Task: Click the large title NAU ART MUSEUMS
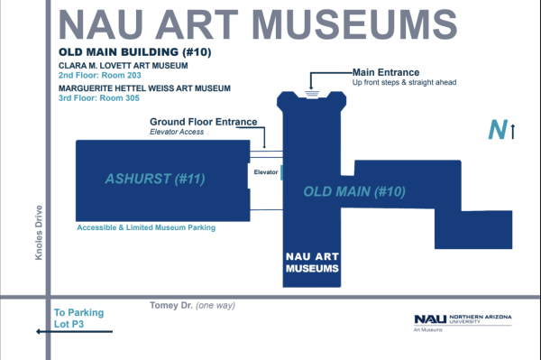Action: [x=258, y=25]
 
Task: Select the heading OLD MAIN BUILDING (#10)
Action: [x=135, y=52]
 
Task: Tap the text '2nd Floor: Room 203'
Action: [x=100, y=75]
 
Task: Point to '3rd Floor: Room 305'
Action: [x=99, y=98]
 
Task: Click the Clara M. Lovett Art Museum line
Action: [x=124, y=66]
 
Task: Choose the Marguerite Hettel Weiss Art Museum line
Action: [x=144, y=88]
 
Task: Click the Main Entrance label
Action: [x=386, y=72]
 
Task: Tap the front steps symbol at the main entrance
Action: [x=312, y=94]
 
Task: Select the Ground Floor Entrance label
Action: [x=203, y=122]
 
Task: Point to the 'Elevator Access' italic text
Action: [x=177, y=132]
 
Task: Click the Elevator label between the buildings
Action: [x=266, y=172]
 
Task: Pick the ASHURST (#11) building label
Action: [x=155, y=179]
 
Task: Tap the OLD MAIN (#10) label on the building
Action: [x=354, y=191]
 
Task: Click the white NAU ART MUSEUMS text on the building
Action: [x=312, y=263]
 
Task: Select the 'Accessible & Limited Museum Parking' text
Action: [x=146, y=227]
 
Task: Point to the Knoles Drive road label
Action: [x=39, y=233]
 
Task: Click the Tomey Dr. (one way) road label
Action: [x=192, y=306]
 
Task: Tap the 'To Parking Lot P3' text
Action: [x=78, y=318]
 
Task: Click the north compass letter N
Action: [x=498, y=130]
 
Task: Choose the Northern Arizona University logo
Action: [x=463, y=323]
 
